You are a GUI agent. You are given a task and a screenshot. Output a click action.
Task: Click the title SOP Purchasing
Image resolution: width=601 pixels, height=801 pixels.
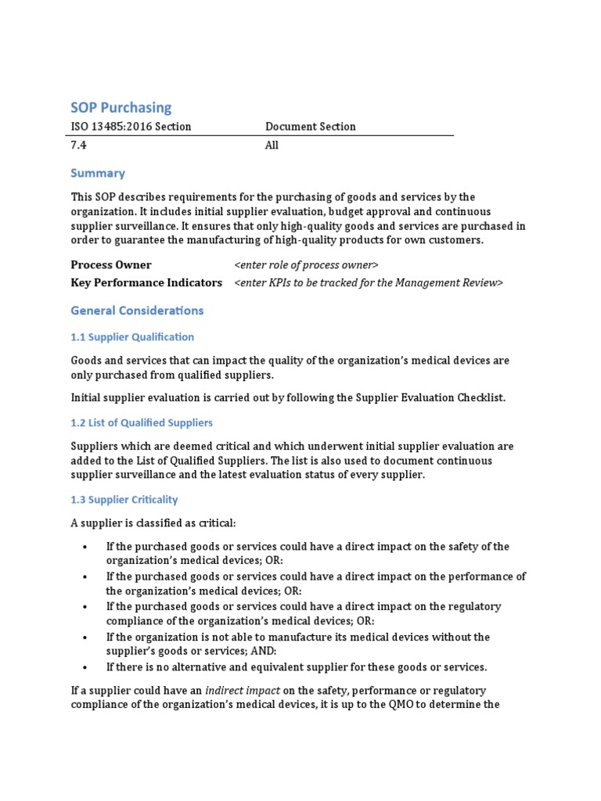coord(121,107)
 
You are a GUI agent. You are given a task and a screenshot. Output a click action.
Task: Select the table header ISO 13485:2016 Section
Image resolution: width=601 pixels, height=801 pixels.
coord(131,127)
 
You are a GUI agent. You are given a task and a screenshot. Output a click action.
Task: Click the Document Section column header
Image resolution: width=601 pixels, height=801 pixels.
coord(310,127)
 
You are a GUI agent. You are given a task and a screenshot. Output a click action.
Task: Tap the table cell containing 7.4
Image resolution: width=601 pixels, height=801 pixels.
coord(78,145)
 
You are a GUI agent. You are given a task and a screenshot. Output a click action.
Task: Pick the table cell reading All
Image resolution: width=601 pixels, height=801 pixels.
coord(272,145)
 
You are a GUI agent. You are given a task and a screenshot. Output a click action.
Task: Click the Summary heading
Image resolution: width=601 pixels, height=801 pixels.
coord(98,173)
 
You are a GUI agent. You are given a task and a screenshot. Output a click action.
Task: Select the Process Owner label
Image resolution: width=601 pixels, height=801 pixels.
coord(111,265)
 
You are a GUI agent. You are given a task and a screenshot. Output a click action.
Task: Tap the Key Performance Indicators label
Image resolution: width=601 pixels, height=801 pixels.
coord(146,282)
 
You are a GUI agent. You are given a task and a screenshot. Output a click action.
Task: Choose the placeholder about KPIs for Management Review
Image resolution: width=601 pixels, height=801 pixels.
coord(368,282)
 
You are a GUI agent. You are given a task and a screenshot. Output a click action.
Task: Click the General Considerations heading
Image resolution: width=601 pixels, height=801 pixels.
coord(137,311)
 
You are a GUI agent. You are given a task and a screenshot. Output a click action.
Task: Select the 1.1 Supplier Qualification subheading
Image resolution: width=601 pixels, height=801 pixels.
coord(132,337)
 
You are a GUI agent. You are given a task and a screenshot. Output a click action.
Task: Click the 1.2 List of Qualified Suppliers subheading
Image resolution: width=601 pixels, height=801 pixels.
coord(142,422)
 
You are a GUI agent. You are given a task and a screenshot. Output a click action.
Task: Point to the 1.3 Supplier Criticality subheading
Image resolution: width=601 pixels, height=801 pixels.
coord(124,500)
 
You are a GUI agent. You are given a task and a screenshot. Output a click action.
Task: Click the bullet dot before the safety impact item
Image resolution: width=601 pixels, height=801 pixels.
coord(84,547)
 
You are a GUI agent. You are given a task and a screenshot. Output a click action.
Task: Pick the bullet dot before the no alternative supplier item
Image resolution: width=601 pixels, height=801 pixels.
coord(84,667)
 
